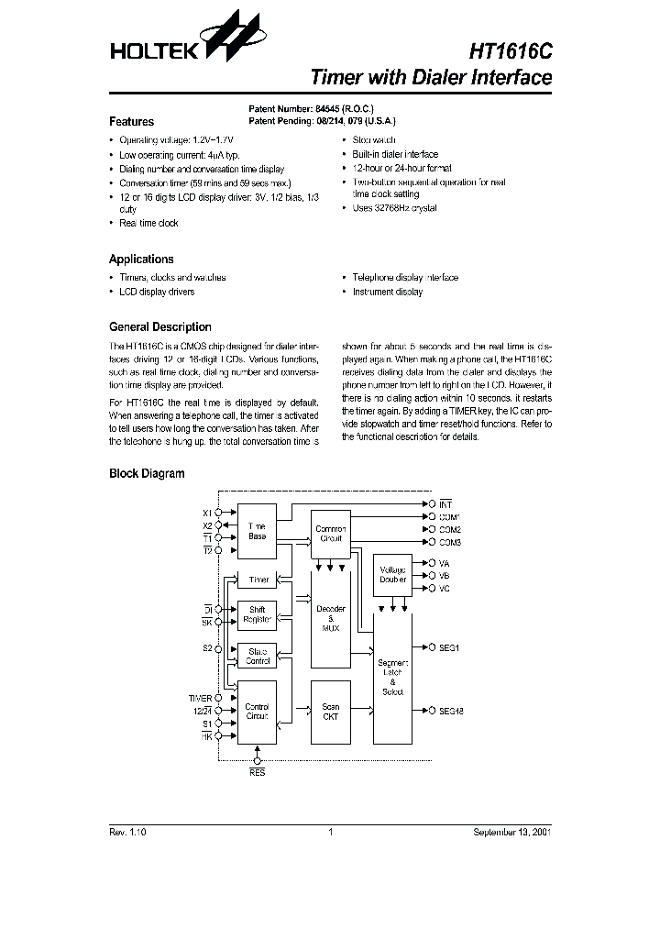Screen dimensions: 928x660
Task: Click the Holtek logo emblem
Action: [226, 39]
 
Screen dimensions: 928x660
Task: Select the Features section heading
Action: [131, 122]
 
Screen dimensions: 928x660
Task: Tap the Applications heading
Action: [141, 260]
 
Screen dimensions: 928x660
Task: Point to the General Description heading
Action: [159, 327]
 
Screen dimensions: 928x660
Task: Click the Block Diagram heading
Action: [147, 474]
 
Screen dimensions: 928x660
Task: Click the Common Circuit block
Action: [330, 534]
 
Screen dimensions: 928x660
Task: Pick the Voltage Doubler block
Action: [392, 575]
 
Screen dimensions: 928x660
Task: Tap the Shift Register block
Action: [257, 615]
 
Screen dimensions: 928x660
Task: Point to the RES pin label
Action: [258, 774]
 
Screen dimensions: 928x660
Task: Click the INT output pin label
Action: [446, 504]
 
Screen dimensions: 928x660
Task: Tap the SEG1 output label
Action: [449, 647]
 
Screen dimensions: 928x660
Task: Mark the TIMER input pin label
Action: [200, 699]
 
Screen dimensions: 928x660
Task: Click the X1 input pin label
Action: [206, 513]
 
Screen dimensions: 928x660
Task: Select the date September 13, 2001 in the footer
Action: [511, 833]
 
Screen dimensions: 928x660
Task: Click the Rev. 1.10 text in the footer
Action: [127, 833]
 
